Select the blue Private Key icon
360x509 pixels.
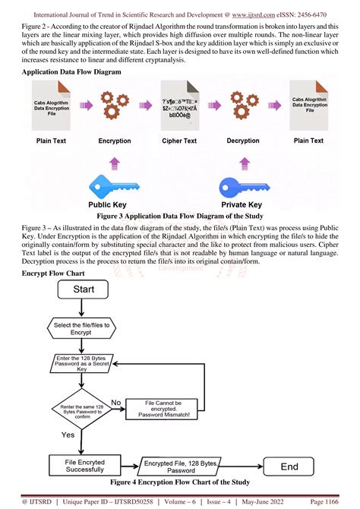pos(242,186)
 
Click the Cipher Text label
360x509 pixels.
pos(178,141)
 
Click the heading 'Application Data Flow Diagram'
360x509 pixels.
pos(71,71)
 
